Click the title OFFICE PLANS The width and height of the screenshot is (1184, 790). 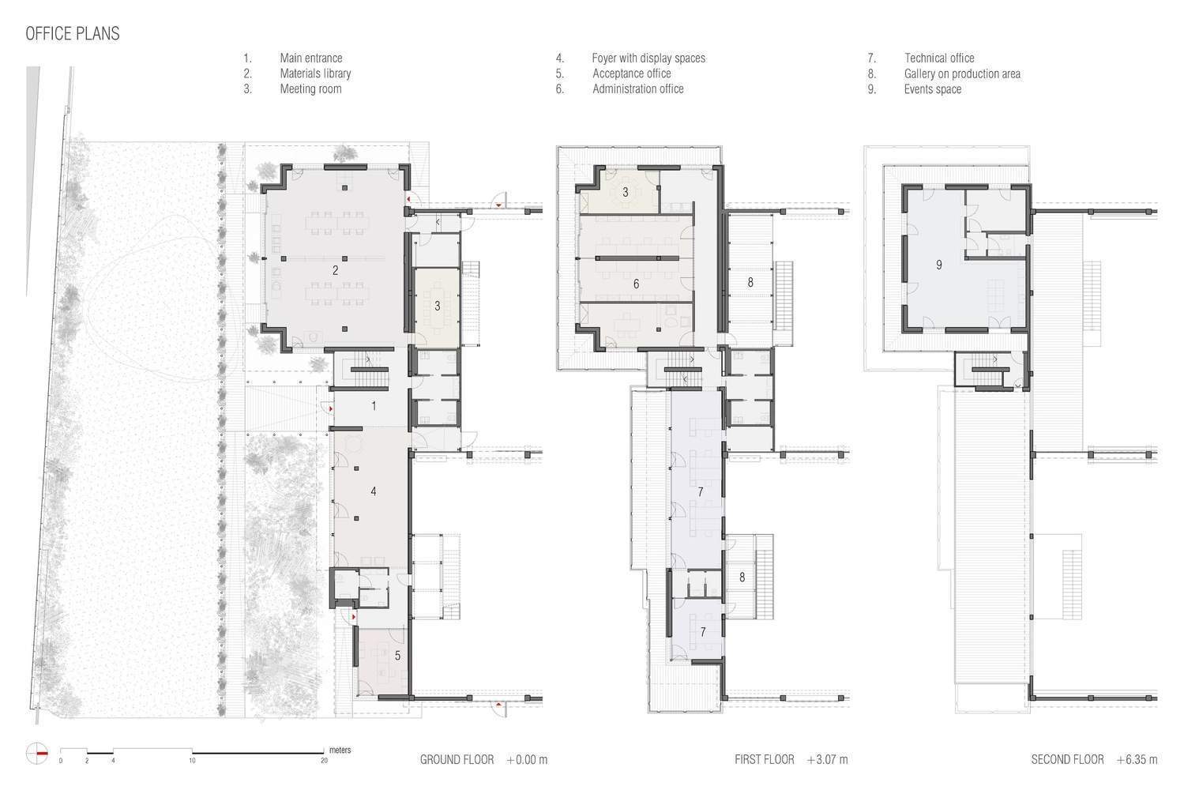click(73, 33)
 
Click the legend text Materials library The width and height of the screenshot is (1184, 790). click(315, 73)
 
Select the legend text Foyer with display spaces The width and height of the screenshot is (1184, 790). click(648, 58)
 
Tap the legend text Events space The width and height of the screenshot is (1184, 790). click(932, 89)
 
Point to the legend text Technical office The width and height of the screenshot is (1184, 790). click(938, 58)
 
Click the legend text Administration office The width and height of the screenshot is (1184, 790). click(637, 88)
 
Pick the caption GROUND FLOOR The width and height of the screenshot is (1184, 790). click(457, 760)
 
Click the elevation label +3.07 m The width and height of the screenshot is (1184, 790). click(827, 760)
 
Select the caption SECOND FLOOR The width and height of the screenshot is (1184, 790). click(1067, 760)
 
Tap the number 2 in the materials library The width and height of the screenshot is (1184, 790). click(335, 271)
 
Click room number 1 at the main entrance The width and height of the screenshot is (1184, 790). click(374, 406)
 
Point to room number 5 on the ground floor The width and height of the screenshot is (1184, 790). click(397, 656)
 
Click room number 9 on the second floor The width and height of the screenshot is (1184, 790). click(938, 265)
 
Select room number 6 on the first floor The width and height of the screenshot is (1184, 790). click(636, 284)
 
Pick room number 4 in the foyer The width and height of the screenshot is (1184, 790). click(373, 491)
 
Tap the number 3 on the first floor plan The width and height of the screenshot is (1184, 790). click(626, 192)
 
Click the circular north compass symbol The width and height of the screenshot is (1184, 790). click(37, 754)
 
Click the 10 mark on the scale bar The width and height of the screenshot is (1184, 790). click(192, 761)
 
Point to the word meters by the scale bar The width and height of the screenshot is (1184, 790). click(340, 750)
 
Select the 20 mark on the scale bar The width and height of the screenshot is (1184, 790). click(324, 761)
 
